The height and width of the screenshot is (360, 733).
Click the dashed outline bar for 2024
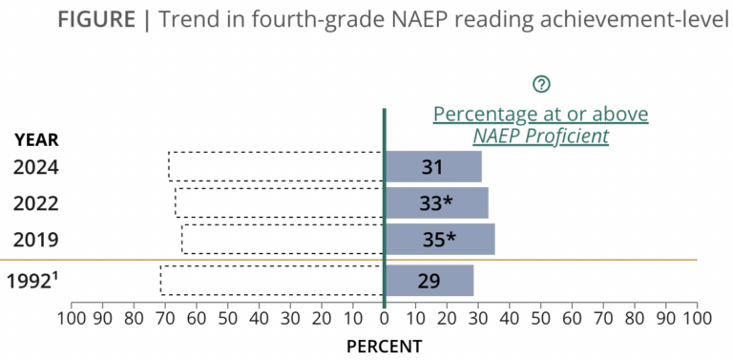tap(276, 167)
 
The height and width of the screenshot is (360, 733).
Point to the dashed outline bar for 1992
tap(272, 281)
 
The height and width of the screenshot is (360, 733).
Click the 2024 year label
tap(36, 167)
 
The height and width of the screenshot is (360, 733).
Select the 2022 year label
tap(36, 203)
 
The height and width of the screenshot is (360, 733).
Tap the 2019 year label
tap(36, 240)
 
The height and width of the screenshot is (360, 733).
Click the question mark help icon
tap(541, 84)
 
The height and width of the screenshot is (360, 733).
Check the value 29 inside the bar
tap(429, 281)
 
